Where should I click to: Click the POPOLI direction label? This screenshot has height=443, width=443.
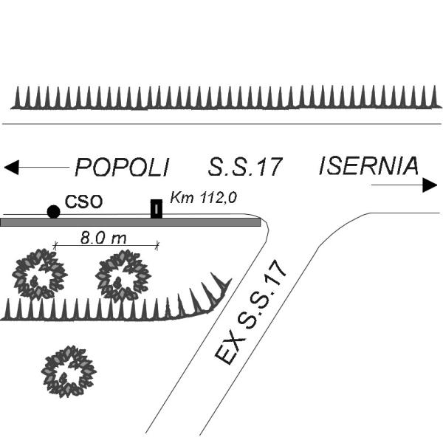pos(122,168)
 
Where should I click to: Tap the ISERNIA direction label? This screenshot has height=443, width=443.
pos(368,165)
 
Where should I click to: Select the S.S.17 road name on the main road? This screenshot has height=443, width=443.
pos(245,167)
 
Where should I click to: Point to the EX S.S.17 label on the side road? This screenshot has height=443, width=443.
pos(251,312)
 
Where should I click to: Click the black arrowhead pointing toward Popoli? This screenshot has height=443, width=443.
pos(12,168)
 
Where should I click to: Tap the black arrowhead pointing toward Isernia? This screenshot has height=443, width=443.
pos(430,185)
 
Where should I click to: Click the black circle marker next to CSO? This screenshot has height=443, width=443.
pos(53,212)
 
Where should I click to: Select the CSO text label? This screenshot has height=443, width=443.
pos(83,202)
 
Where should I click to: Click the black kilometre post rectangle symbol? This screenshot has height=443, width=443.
pos(157,209)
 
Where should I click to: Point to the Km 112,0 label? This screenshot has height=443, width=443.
pos(204,197)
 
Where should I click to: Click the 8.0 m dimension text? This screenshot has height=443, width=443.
pos(103,238)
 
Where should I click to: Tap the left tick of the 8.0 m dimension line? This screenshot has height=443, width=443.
pos(55,246)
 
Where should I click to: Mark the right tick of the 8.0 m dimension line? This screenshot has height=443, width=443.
pos(157,246)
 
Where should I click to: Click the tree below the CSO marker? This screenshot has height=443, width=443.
pos(40,274)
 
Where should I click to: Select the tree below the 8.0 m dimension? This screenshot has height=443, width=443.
pos(123,275)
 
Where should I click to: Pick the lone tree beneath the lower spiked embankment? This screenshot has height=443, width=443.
pos(69,371)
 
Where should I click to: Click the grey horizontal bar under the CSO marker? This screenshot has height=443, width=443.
pos(130,222)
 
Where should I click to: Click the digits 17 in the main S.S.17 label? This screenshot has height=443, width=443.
pos(271,167)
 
